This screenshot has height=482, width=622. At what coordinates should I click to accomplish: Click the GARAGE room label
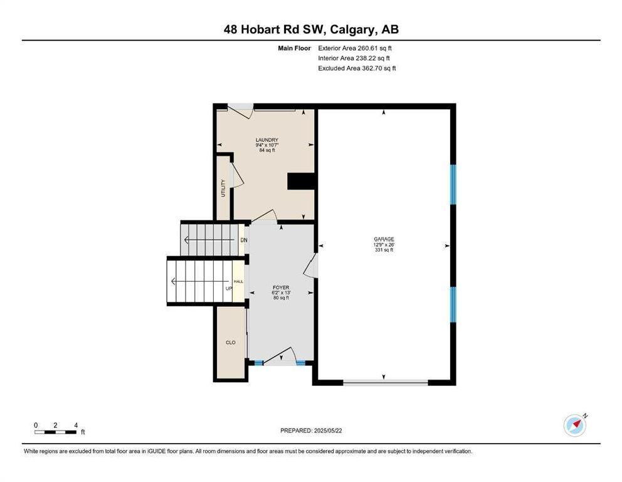[x=384, y=239]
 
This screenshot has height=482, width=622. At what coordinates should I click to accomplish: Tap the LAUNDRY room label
[x=267, y=140]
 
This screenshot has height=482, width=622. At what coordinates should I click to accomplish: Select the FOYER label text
[x=281, y=287]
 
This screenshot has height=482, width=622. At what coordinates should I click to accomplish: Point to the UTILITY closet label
[x=223, y=188]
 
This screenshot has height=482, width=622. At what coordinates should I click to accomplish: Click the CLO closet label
[x=231, y=342]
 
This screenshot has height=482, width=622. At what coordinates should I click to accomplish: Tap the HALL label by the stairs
[x=238, y=282]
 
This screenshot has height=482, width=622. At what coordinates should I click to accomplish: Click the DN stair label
[x=244, y=240]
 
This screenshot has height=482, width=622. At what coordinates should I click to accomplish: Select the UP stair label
[x=229, y=288]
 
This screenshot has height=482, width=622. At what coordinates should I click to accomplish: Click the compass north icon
[x=575, y=426]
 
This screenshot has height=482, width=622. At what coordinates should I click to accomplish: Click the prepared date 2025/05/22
[x=328, y=431]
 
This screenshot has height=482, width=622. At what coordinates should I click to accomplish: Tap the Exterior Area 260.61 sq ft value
[x=355, y=48]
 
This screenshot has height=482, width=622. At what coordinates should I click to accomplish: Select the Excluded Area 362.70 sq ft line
[x=357, y=68]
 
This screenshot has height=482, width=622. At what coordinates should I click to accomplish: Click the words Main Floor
[x=294, y=48]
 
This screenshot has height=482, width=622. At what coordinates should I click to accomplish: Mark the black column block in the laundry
[x=301, y=181]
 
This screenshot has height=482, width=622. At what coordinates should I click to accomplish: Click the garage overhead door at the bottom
[x=386, y=383]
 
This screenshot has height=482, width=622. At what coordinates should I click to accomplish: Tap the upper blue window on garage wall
[x=453, y=185]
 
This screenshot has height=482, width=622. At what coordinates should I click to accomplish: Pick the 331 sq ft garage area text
[x=384, y=250]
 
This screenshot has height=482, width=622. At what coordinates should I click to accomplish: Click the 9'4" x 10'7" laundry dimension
[x=267, y=145]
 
